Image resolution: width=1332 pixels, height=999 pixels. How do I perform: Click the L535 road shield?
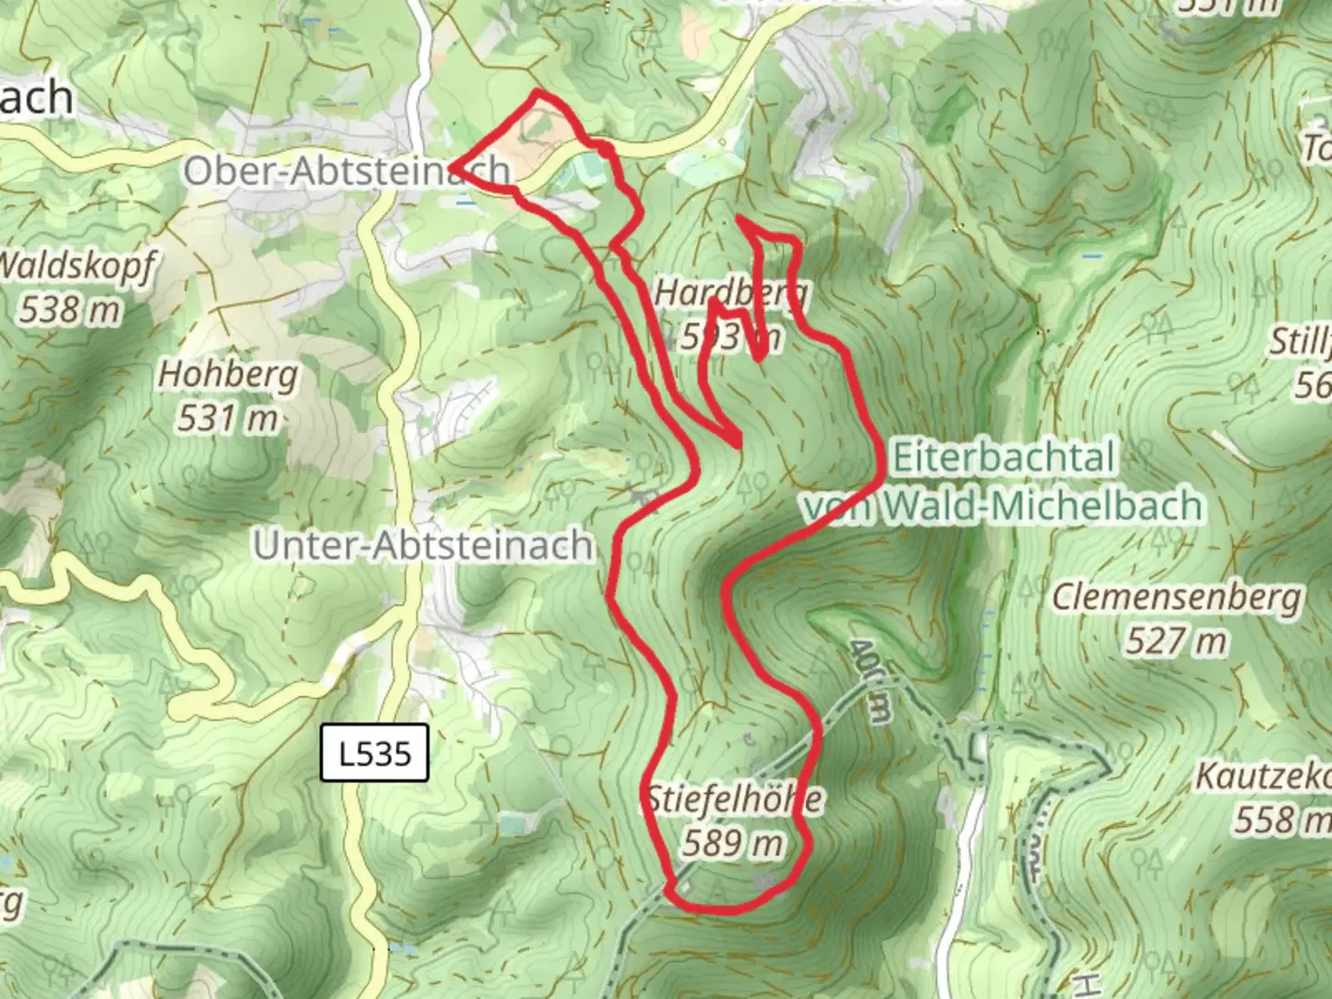pos(375,753)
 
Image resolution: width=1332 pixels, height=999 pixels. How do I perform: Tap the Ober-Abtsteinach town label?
pos(347,171)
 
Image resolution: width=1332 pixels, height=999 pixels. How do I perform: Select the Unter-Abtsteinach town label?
pos(424,545)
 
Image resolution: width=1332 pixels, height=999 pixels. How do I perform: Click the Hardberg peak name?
pos(731,294)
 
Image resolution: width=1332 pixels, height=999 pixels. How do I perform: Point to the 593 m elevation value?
pos(731,338)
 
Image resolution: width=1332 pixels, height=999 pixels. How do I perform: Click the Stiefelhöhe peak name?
pos(734,798)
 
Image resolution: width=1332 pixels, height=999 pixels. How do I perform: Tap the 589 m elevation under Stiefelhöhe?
pos(733,843)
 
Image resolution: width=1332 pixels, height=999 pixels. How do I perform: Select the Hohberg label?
pos(228,375)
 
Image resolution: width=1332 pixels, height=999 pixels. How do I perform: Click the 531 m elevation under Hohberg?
pos(228,418)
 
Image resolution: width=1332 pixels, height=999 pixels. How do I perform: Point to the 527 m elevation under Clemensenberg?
pos(1177,640)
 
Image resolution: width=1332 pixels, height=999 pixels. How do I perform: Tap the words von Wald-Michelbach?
pos(1004,505)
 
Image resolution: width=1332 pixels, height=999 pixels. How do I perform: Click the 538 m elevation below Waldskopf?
pos(70,308)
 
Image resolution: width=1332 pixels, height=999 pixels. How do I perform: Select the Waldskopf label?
pos(74,265)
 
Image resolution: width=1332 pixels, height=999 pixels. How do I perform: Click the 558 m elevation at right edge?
pos(1281,819)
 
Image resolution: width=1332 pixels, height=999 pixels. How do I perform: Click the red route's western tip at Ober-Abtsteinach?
pos(453,167)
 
